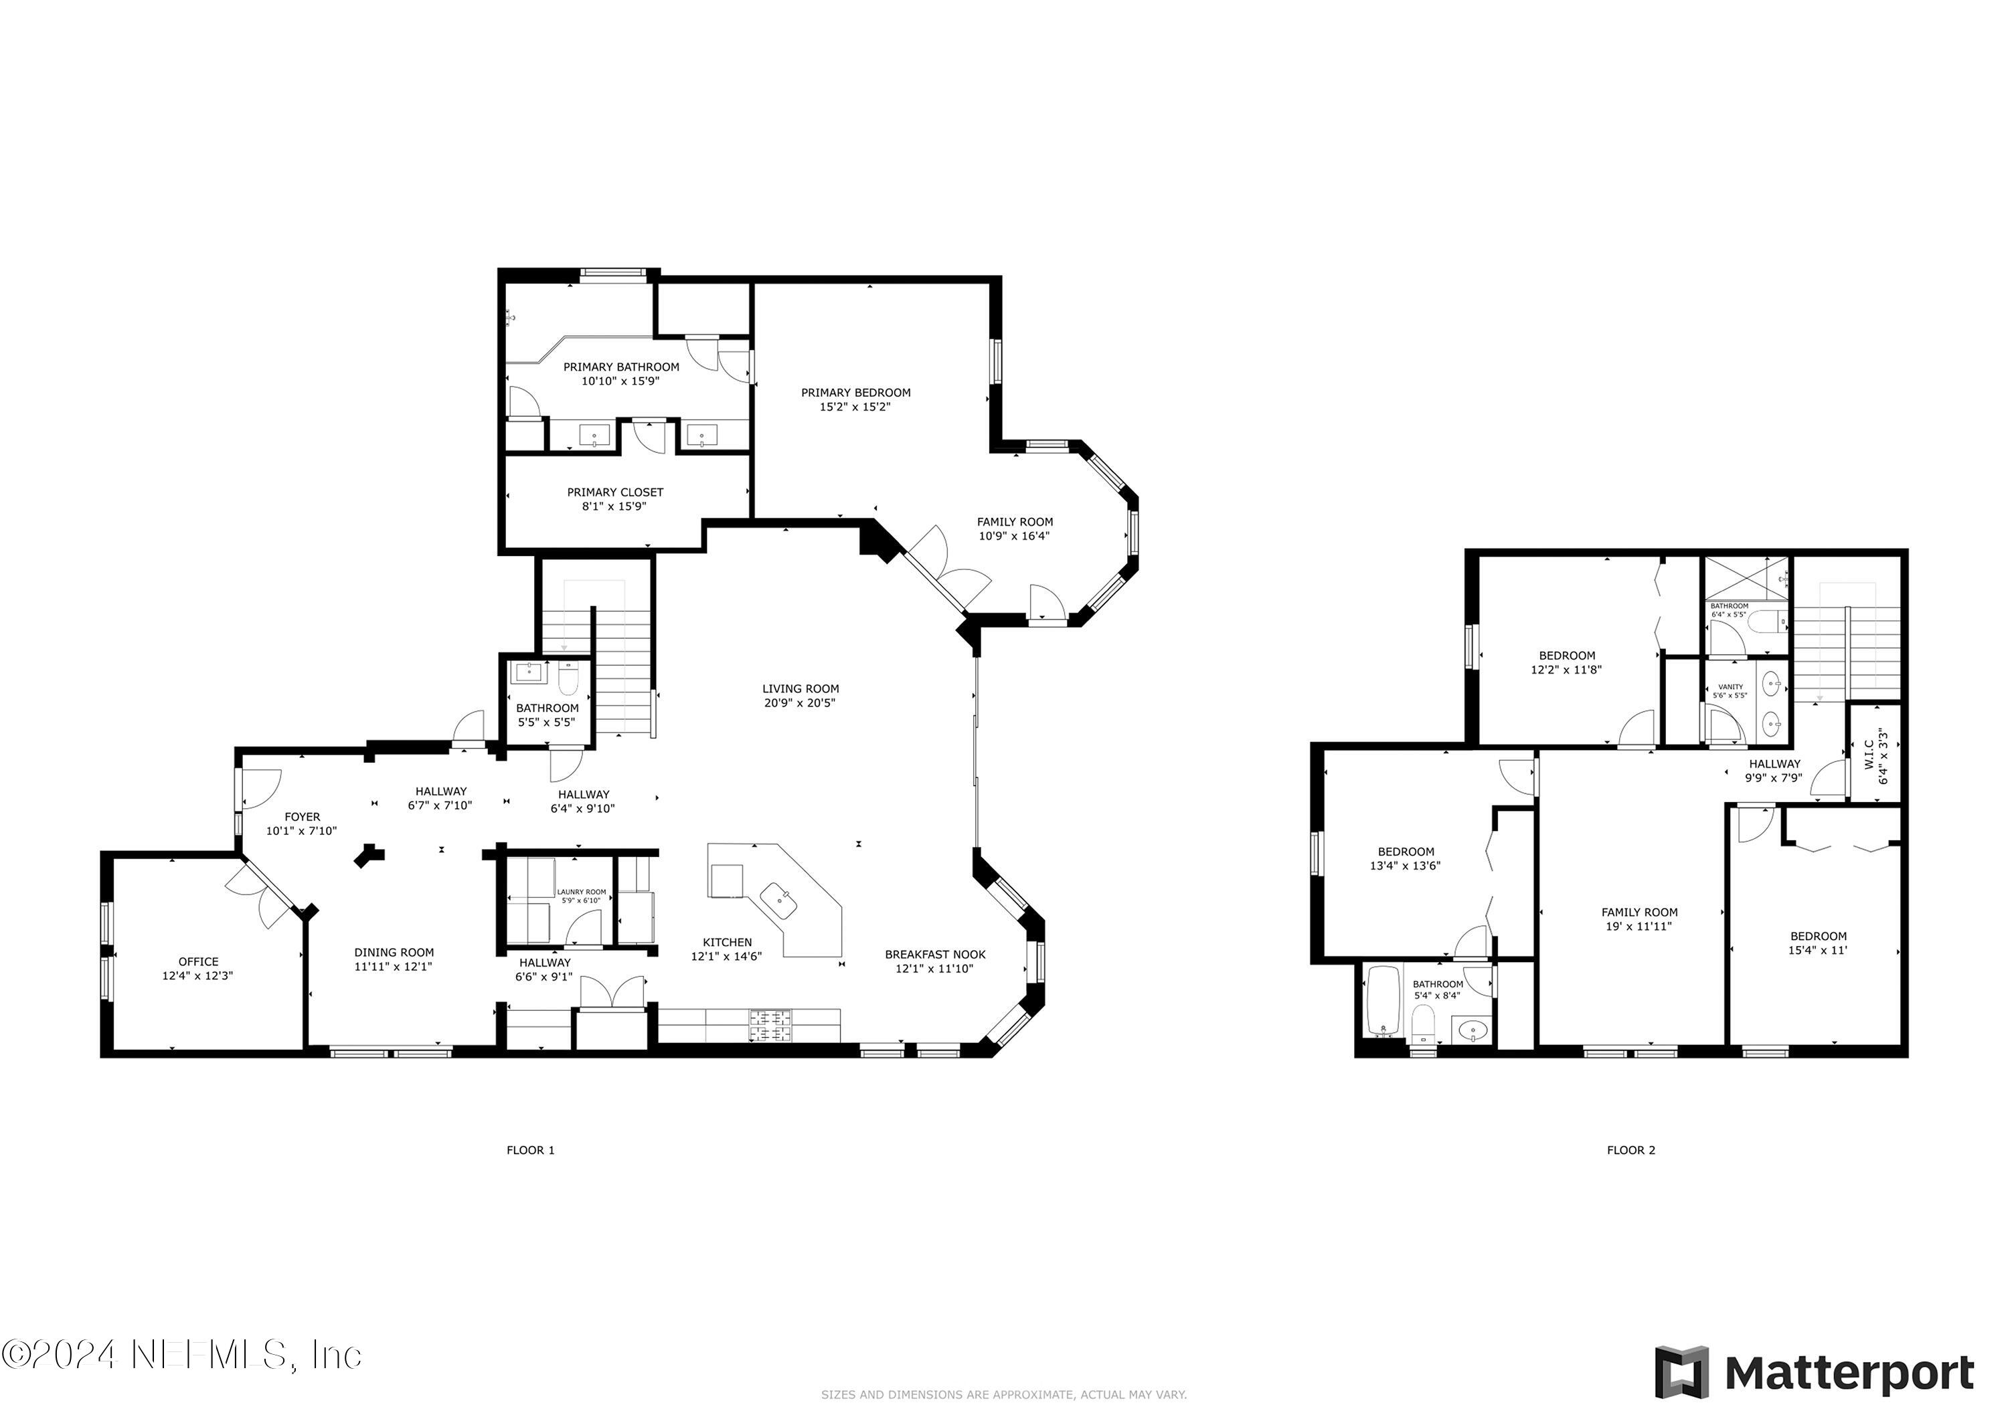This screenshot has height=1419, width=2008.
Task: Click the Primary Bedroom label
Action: [x=855, y=393]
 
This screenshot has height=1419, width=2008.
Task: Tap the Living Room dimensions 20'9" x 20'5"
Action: [x=799, y=703]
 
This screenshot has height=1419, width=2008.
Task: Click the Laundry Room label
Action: [x=581, y=892]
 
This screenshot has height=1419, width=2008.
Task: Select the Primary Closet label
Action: [x=615, y=492]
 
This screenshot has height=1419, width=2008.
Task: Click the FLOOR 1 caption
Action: [x=530, y=1151]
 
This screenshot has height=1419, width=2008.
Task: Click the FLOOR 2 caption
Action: [x=1630, y=1151]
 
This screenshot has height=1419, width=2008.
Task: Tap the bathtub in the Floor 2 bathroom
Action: [x=1384, y=1001]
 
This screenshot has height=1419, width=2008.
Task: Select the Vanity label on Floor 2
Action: [x=1730, y=687]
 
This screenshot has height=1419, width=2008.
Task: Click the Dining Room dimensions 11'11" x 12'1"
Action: [x=394, y=967]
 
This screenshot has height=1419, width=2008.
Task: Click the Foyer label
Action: [x=302, y=818]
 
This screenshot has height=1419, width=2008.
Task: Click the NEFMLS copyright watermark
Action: [x=181, y=1356]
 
